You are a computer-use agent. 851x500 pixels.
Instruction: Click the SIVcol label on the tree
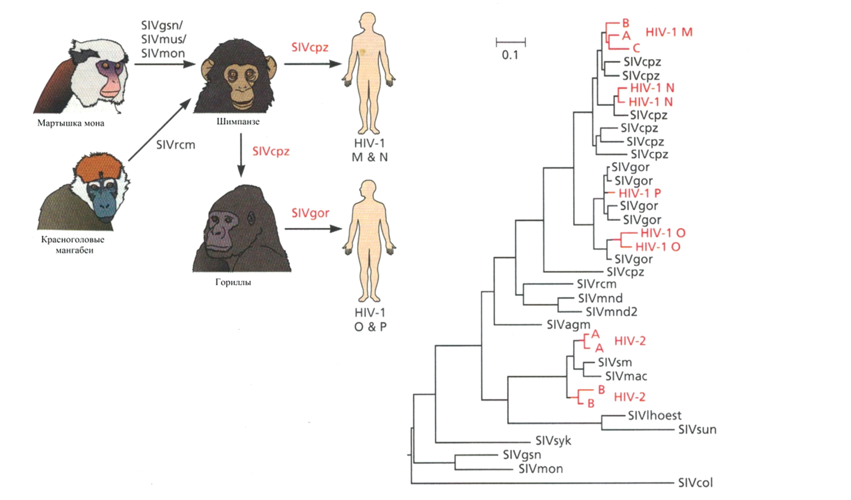[695, 483]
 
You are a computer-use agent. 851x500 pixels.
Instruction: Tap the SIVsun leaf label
[697, 429]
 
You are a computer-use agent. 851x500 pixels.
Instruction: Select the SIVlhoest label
[654, 416]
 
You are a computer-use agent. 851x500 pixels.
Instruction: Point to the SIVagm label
[568, 325]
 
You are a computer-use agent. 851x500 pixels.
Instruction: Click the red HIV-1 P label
[640, 193]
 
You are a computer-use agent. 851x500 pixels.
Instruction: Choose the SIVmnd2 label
[611, 312]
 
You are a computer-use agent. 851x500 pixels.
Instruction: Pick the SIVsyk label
[553, 441]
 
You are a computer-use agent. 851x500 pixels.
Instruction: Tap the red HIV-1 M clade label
[669, 32]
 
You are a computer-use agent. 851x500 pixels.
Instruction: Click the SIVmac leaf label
[626, 376]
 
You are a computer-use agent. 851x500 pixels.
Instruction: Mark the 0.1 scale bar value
[510, 55]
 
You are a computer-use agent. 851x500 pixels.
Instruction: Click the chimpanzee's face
[238, 79]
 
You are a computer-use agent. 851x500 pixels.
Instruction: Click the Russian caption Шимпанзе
[238, 122]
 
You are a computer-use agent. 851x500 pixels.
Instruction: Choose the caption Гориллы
[233, 282]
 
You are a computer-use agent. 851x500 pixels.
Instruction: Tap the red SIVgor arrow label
[310, 213]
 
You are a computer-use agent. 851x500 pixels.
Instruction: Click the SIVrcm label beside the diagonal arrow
[175, 145]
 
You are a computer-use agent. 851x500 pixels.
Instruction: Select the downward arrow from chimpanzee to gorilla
[241, 155]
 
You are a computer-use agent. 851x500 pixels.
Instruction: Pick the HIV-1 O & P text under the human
[370, 319]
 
